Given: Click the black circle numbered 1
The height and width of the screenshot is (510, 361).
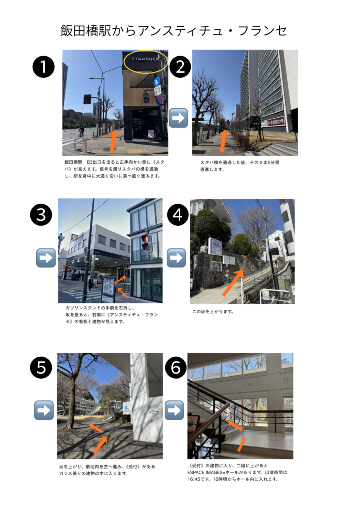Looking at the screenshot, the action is click(x=43, y=67).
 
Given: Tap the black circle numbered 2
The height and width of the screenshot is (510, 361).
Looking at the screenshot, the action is click(x=180, y=67).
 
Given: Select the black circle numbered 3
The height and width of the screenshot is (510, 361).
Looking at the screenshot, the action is click(x=41, y=215).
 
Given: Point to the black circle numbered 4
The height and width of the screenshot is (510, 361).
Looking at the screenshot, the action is click(x=178, y=215).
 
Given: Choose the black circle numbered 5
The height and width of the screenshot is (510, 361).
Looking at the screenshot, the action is click(x=41, y=367).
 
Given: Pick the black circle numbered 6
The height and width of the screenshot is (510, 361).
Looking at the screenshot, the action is click(x=176, y=367).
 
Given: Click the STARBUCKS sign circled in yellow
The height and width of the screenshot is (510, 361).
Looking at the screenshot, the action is click(x=146, y=60).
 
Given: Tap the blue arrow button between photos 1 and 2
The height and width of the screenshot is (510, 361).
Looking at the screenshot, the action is click(x=179, y=118).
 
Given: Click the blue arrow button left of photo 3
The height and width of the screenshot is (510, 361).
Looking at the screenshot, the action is click(x=46, y=258).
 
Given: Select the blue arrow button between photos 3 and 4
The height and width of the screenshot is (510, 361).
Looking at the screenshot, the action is click(x=177, y=258).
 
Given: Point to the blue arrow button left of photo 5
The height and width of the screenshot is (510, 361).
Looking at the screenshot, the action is click(x=44, y=410).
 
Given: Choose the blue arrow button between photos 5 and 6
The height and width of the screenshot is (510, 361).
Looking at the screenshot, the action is click(x=175, y=410).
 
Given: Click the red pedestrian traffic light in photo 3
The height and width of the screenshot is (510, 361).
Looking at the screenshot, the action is click(x=146, y=243).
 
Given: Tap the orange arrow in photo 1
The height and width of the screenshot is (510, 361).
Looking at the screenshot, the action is click(x=113, y=141).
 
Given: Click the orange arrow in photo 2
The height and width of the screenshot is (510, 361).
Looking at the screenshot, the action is click(x=224, y=141).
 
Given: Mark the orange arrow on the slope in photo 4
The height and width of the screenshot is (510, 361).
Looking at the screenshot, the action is click(x=233, y=283).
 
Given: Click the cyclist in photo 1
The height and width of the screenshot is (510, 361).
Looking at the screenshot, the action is click(x=81, y=131).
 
